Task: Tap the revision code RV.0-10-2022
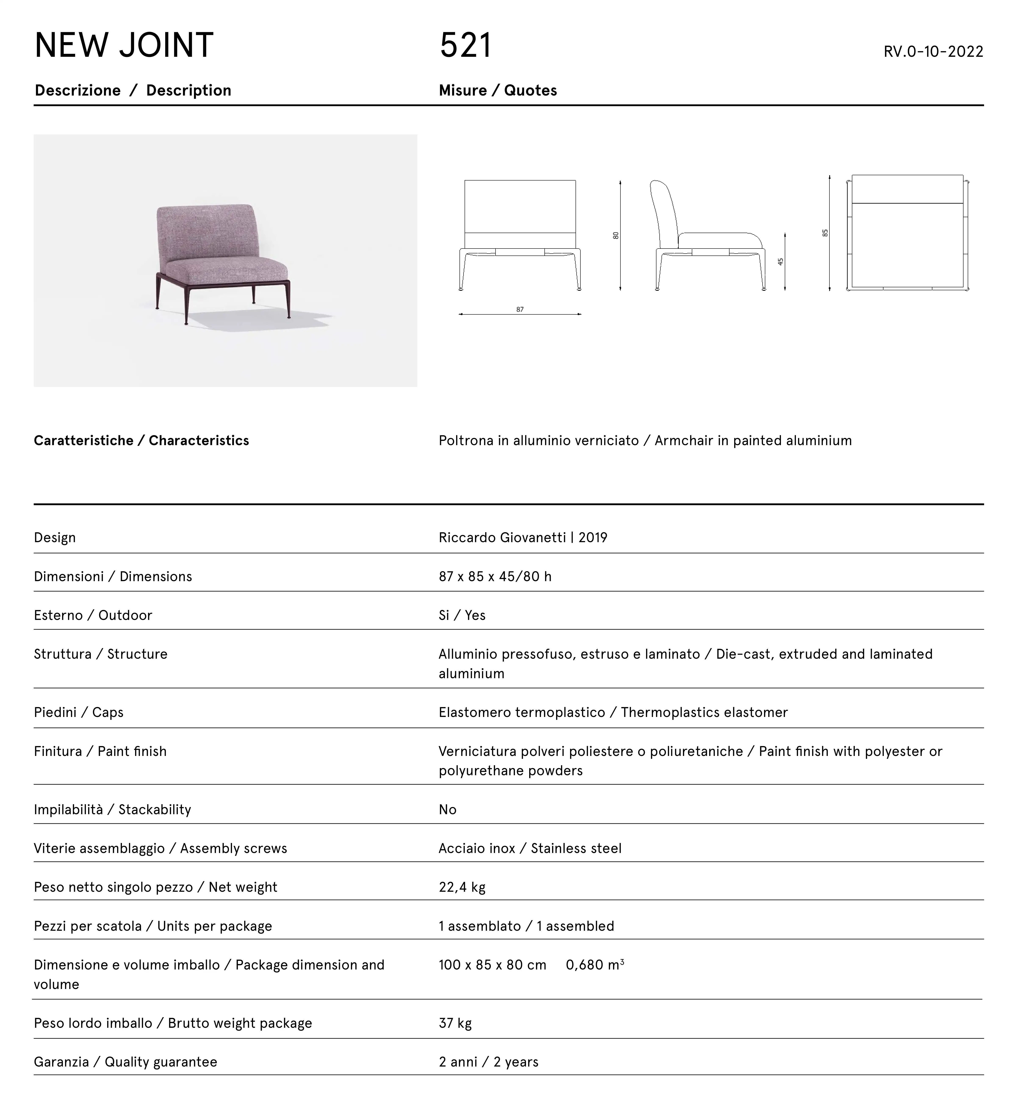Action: (x=933, y=52)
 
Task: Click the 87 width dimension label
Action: (x=520, y=310)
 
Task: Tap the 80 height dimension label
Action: (x=616, y=235)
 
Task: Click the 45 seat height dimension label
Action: (x=780, y=262)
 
